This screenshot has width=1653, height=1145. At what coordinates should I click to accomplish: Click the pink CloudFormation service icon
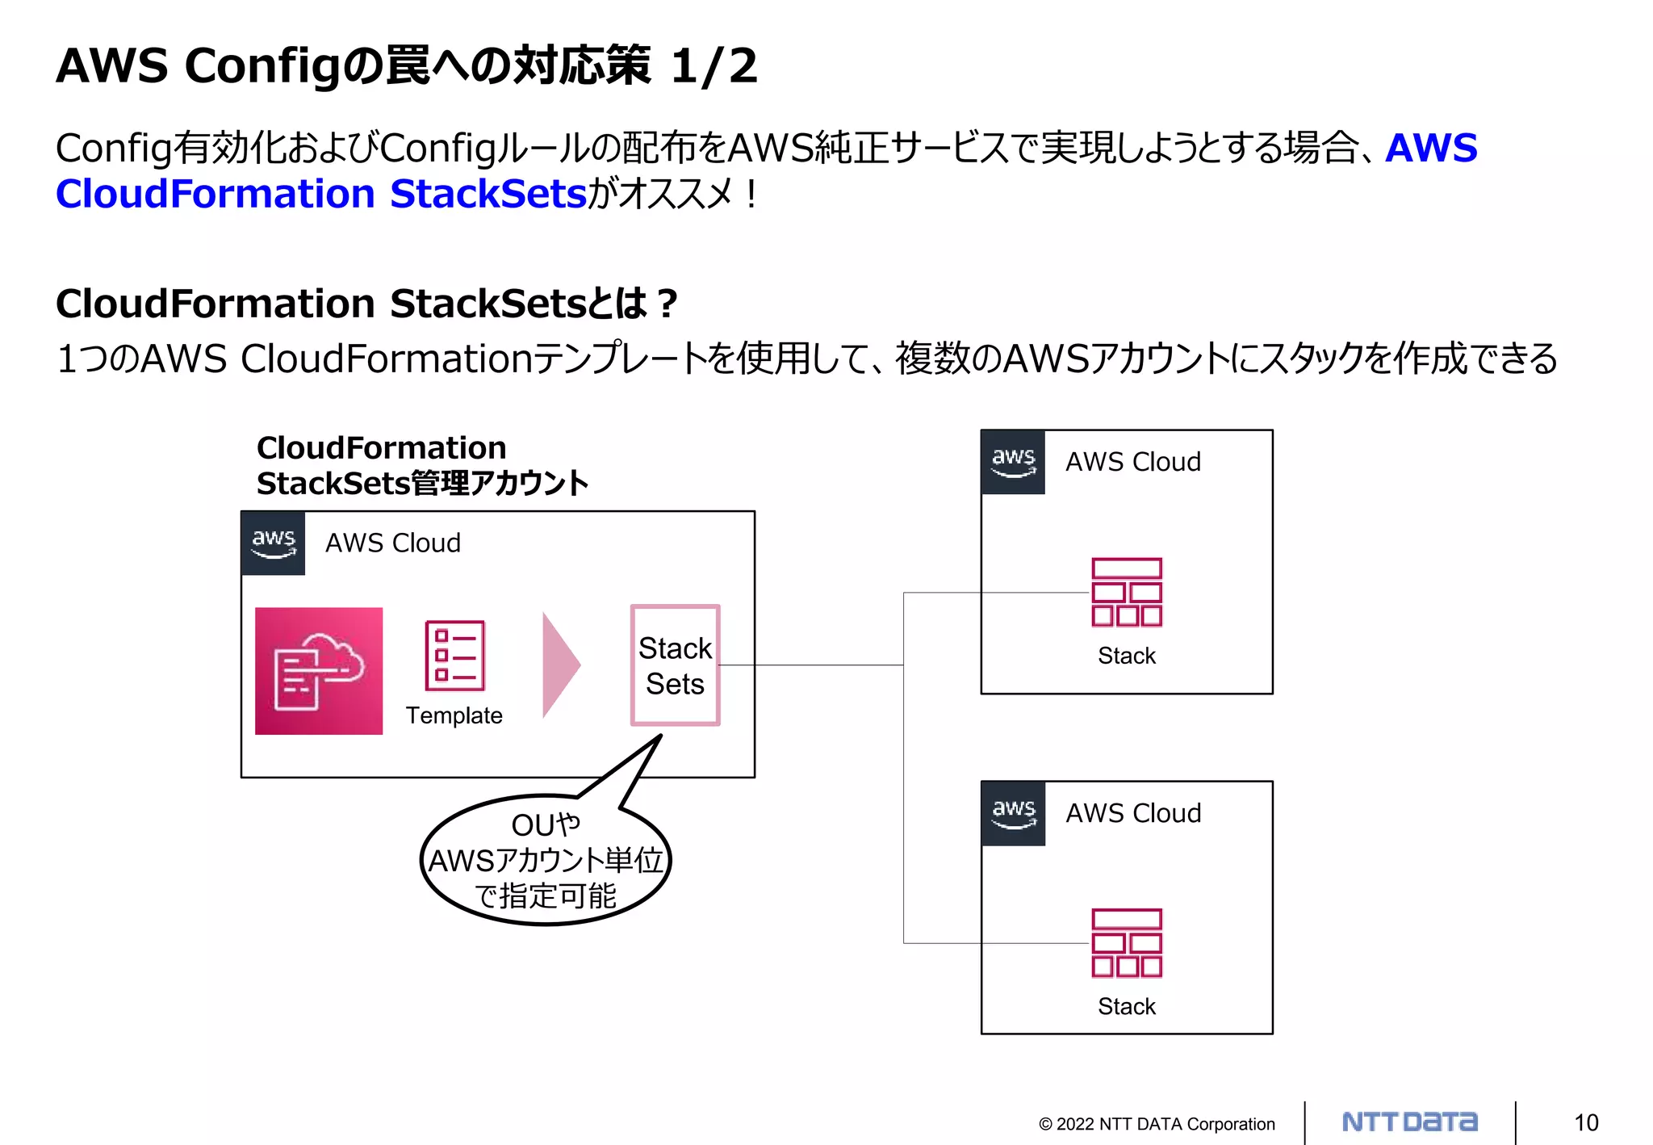click(x=319, y=670)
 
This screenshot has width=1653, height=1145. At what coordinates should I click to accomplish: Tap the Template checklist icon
click(x=454, y=655)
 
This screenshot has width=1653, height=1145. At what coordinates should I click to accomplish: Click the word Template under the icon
click(x=454, y=715)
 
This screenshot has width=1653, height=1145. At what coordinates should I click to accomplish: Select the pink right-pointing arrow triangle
click(x=560, y=665)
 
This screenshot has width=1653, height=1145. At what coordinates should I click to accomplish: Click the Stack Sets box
click(x=675, y=665)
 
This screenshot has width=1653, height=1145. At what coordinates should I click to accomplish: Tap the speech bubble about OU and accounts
click(x=546, y=861)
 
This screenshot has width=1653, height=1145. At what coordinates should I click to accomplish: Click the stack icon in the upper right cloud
click(x=1126, y=592)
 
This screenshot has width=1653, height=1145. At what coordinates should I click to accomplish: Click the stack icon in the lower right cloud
click(x=1126, y=942)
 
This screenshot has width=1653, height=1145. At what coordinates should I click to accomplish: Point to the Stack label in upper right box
click(x=1126, y=656)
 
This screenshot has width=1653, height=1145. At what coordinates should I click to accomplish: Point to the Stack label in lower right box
click(x=1126, y=1006)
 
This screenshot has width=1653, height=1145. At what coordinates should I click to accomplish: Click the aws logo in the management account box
click(x=274, y=543)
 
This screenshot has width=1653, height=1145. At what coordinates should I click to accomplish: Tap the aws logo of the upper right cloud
click(x=1013, y=462)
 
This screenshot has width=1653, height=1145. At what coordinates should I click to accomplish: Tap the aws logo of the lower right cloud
click(x=1013, y=813)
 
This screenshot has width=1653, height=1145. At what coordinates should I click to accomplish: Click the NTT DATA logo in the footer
click(x=1409, y=1122)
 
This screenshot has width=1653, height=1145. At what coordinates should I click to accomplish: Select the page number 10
click(x=1585, y=1122)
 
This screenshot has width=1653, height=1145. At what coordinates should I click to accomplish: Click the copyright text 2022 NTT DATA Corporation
click(x=1157, y=1124)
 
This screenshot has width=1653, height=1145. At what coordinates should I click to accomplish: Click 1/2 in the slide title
click(x=714, y=65)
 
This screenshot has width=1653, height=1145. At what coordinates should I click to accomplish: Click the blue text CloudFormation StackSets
click(x=320, y=194)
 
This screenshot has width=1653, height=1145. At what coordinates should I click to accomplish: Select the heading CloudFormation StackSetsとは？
click(x=366, y=304)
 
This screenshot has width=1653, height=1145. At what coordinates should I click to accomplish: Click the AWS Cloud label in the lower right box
click(x=1133, y=813)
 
